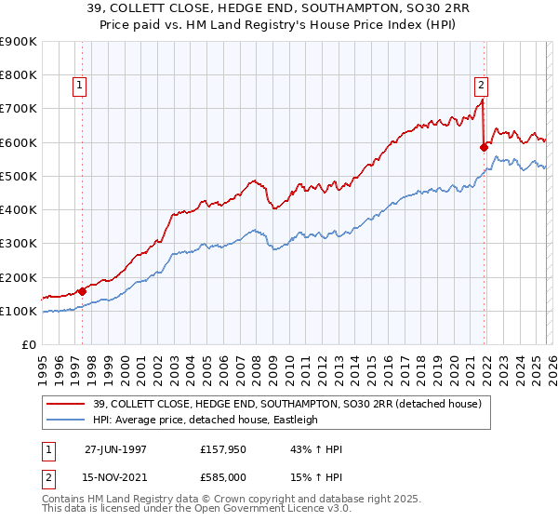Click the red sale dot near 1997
82,291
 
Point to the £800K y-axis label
19,74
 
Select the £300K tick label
19,244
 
